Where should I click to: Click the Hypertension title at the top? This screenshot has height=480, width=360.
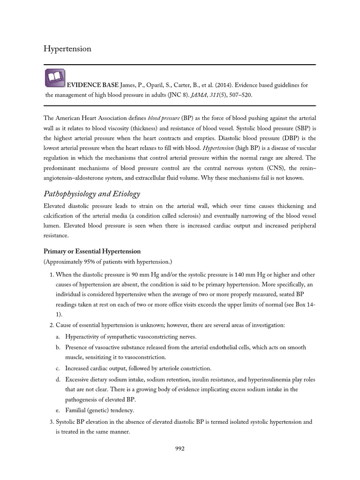pyautogui.click(x=67, y=49)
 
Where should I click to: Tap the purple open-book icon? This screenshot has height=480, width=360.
pyautogui.click(x=55, y=78)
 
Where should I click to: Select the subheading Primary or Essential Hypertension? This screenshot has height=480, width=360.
pyautogui.click(x=92, y=252)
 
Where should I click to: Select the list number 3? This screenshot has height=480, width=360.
pyautogui.click(x=51, y=421)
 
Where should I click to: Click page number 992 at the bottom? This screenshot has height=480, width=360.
pyautogui.click(x=180, y=448)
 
